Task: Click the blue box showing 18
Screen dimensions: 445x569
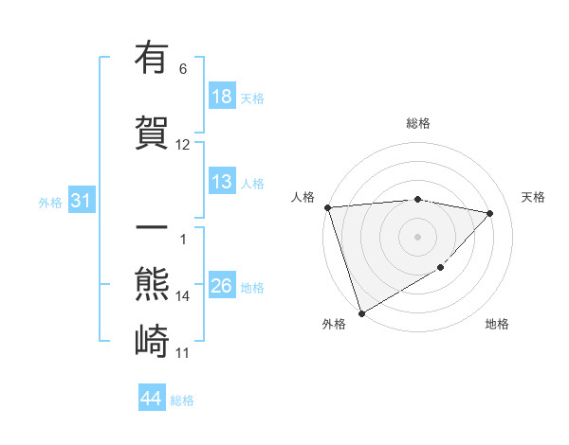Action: coord(222,97)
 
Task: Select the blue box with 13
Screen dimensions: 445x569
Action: coord(222,182)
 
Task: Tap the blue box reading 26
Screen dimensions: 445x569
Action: coord(222,286)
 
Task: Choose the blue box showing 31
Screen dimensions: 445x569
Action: coord(81,201)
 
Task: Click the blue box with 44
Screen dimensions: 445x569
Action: coord(152,400)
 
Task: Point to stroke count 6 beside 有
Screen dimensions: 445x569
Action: coord(183,69)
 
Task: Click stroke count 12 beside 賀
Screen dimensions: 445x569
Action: coord(183,145)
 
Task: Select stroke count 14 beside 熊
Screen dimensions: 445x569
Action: coord(183,296)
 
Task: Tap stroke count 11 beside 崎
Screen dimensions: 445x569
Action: coord(183,353)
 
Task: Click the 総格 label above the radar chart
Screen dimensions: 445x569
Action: coord(418,123)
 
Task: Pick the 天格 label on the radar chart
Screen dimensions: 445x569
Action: coord(534,197)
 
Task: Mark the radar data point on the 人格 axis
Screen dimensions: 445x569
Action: coord(327,207)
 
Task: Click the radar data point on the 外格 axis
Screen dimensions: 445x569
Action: coord(361,311)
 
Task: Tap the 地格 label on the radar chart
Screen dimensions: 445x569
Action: coord(497,324)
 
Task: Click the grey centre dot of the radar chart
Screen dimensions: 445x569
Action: coord(418,236)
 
